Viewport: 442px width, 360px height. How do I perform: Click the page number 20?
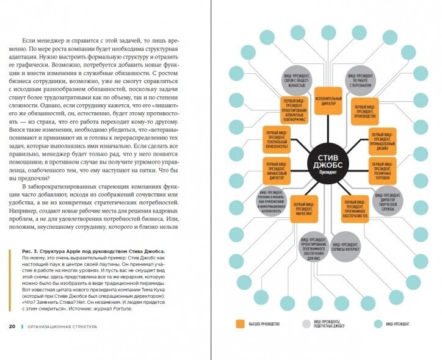pos(12,326)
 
